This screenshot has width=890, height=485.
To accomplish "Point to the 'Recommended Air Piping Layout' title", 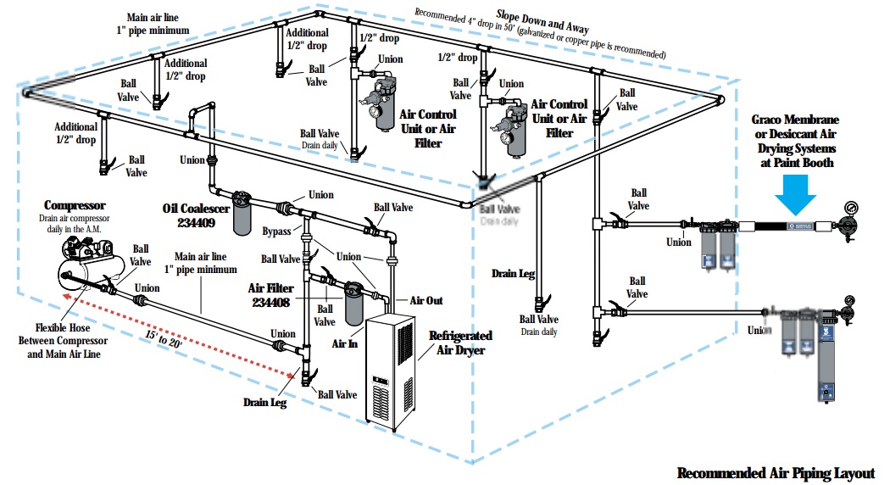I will coord(776,472).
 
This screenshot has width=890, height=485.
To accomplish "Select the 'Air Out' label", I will coord(426,301).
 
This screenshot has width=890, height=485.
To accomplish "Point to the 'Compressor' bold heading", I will coord(75,205).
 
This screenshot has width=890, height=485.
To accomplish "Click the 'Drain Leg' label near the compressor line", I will coord(264,402).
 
